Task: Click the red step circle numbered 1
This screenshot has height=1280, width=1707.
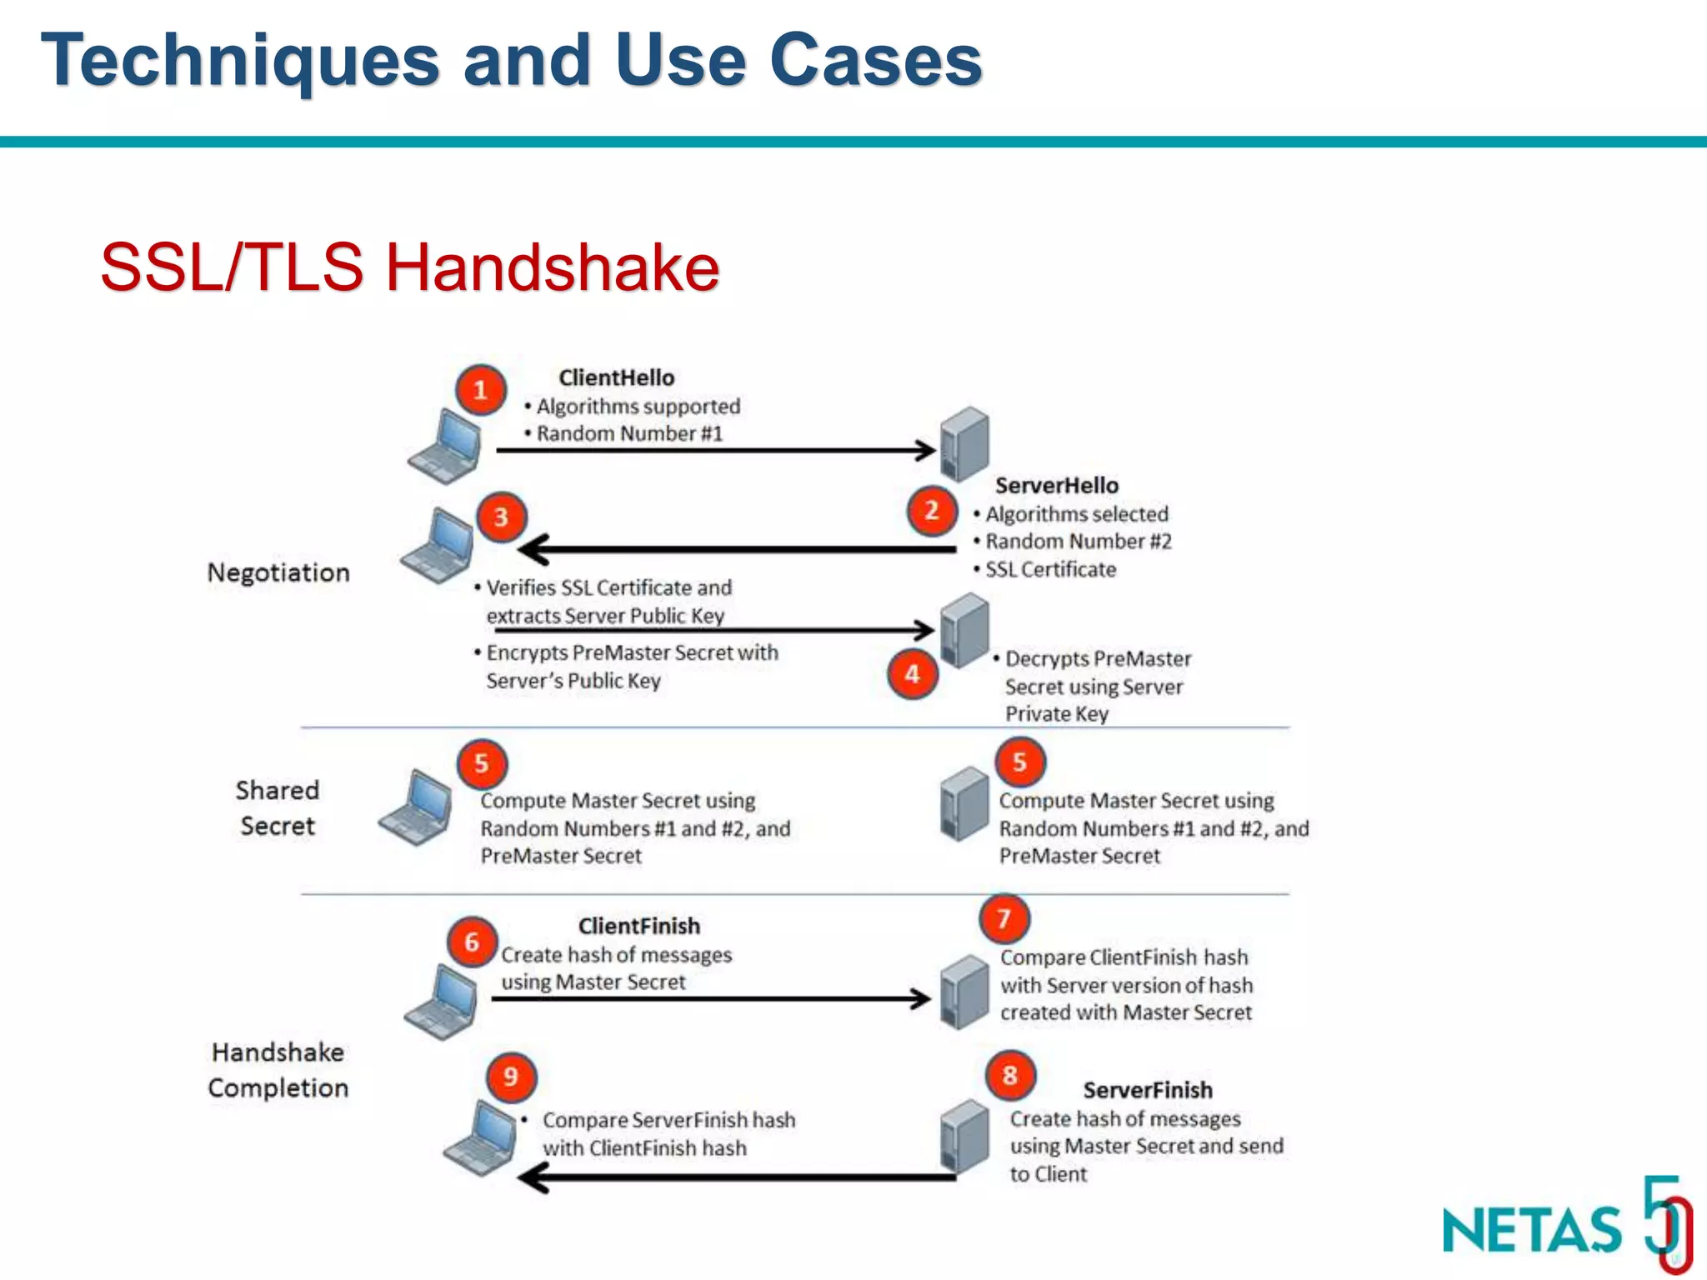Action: (480, 389)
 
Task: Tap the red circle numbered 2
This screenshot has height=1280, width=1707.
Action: (931, 510)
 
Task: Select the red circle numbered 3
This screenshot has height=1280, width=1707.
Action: (501, 517)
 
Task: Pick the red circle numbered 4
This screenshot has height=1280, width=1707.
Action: (912, 673)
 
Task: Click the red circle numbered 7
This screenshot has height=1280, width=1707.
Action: (1004, 918)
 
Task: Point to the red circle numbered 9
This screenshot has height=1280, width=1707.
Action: (510, 1076)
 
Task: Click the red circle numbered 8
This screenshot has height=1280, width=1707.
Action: (1009, 1075)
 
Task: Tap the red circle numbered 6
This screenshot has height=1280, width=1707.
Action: (472, 942)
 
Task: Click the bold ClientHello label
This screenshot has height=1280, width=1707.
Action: (616, 377)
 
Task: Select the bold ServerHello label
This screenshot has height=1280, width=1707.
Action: (1056, 485)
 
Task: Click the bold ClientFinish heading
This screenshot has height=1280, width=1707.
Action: (638, 926)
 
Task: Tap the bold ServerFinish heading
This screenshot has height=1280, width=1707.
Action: (1147, 1090)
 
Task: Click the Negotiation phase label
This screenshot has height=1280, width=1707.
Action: (278, 572)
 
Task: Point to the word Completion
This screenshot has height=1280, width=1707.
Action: (278, 1087)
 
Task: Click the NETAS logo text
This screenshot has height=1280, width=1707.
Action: (1532, 1230)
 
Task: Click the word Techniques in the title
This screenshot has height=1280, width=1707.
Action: (240, 60)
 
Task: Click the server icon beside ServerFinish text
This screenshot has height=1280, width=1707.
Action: (964, 1136)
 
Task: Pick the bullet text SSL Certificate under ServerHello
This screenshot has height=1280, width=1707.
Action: (1050, 569)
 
